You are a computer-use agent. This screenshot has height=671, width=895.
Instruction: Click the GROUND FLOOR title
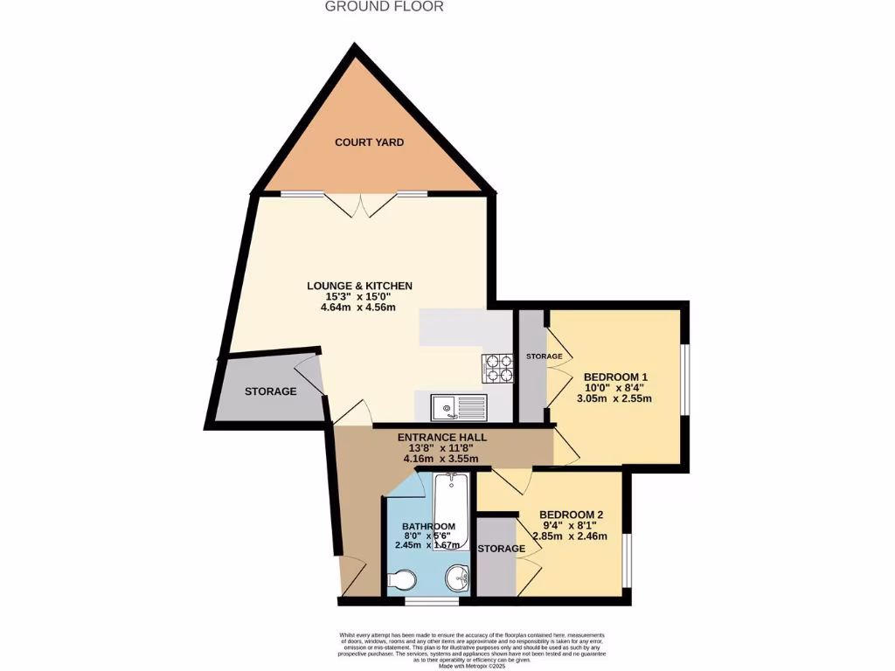385,7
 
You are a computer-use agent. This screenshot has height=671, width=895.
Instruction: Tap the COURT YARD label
370,142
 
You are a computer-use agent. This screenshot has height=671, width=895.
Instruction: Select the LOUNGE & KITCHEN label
359,286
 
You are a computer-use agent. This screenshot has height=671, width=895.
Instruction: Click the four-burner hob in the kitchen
496,369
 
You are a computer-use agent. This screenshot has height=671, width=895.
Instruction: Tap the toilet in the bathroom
403,581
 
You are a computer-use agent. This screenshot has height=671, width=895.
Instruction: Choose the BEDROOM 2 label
572,514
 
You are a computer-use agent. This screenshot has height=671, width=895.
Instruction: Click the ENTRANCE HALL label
442,437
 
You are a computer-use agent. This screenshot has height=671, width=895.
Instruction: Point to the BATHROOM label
428,526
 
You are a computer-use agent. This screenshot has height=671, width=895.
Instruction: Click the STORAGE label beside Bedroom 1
544,356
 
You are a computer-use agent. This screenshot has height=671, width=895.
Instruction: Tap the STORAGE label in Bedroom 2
502,549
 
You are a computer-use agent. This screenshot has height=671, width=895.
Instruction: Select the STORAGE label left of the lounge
270,391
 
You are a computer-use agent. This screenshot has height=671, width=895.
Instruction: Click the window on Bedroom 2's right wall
626,559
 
